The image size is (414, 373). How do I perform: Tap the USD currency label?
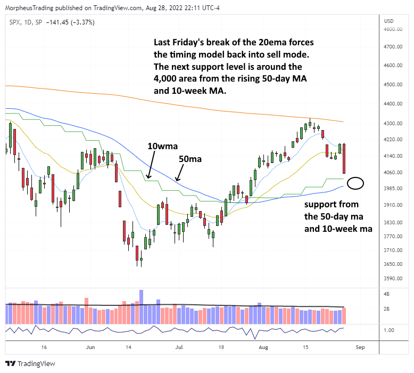pyautogui.click(x=388, y=21)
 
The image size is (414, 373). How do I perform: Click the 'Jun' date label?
pyautogui.click(x=90, y=346)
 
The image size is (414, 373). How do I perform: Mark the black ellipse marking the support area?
pyautogui.click(x=355, y=184)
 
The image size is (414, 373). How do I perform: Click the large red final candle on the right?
pyautogui.click(x=345, y=158)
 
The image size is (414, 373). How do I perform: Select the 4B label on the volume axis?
pyautogui.click(x=386, y=294)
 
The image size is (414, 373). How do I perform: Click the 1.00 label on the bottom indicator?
pyautogui.click(x=388, y=330)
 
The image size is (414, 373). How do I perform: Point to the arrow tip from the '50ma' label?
pyautogui.click(x=175, y=182)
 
